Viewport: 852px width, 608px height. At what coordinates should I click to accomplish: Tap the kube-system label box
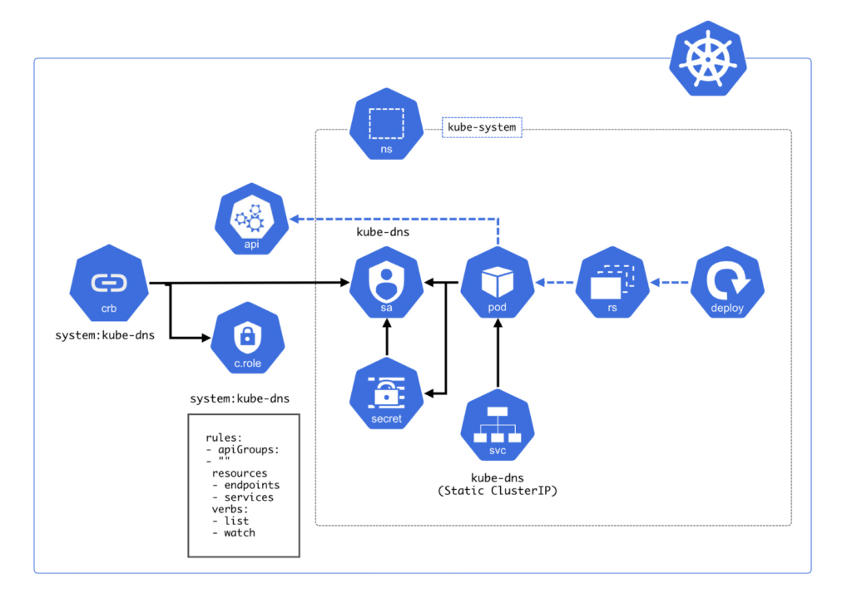click(x=482, y=127)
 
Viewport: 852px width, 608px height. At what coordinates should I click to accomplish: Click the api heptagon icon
click(x=252, y=221)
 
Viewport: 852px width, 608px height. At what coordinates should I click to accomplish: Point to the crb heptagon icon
click(x=108, y=286)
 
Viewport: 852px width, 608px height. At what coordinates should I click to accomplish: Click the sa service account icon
click(x=386, y=284)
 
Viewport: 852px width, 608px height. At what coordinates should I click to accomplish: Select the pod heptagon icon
click(x=498, y=284)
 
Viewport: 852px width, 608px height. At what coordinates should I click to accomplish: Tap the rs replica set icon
click(x=612, y=284)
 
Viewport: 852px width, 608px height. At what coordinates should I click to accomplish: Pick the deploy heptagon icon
click(x=727, y=284)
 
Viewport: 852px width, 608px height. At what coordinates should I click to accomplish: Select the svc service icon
click(x=498, y=429)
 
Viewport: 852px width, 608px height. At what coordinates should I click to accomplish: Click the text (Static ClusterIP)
click(x=498, y=491)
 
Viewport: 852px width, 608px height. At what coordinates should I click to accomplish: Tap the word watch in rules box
click(x=239, y=532)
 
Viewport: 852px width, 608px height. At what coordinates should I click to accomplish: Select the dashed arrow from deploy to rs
click(x=671, y=284)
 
